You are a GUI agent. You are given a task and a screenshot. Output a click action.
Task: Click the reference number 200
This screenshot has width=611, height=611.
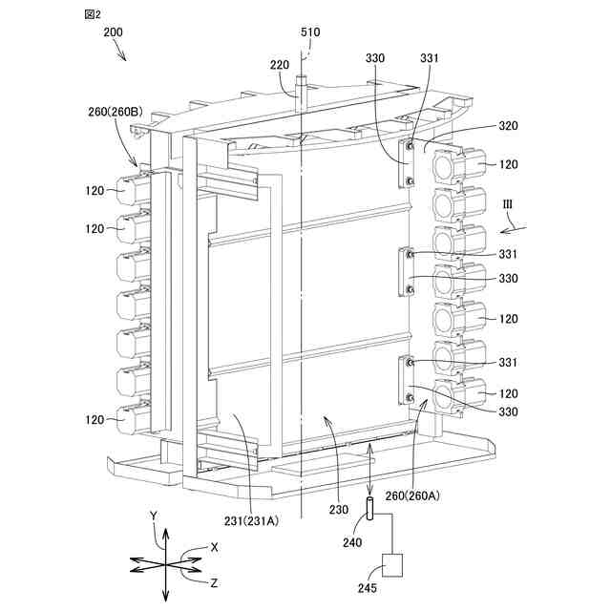tap(115, 32)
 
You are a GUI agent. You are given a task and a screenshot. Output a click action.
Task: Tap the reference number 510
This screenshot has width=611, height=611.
tap(310, 32)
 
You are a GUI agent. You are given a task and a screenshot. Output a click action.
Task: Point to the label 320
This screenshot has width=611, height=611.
tap(508, 126)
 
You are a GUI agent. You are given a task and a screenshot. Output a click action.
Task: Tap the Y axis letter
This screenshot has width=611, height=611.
tap(153, 515)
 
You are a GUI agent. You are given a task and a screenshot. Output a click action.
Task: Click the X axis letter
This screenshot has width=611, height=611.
tap(214, 547)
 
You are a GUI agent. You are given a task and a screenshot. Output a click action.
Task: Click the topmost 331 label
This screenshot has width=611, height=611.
tap(429, 58)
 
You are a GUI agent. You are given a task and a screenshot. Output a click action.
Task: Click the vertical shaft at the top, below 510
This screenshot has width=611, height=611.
tap(299, 91)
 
